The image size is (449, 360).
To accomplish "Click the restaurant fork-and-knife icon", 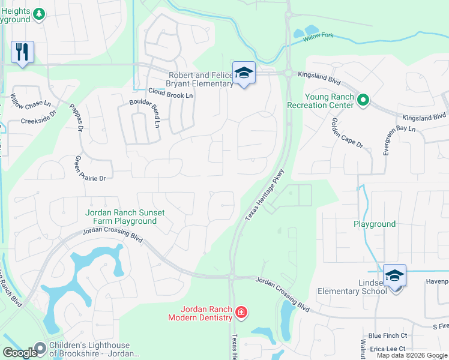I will (x=22, y=52).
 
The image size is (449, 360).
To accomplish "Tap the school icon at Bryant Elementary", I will (x=244, y=73).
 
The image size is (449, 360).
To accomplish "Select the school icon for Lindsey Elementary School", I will (x=394, y=275).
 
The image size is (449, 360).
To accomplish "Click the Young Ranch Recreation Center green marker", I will (x=363, y=100).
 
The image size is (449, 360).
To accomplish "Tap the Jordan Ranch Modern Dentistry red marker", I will (x=241, y=312).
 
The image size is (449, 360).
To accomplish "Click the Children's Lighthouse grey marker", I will (x=40, y=348).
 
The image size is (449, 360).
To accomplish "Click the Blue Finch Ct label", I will (x=388, y=336).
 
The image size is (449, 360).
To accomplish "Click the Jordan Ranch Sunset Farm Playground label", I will (x=124, y=217).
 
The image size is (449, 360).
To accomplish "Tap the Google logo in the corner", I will (x=20, y=353).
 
